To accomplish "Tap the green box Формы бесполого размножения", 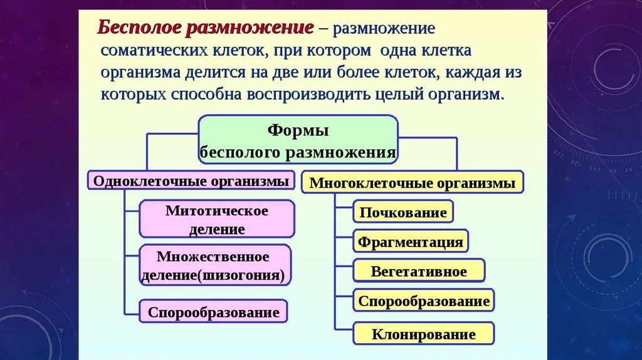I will click(x=298, y=141).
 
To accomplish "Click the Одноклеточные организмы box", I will click(x=191, y=181).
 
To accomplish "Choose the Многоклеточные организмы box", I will click(x=412, y=183).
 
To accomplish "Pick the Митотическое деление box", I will click(x=217, y=219).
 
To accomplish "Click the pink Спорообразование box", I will click(x=213, y=312).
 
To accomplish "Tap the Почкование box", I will click(x=403, y=212).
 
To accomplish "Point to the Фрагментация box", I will click(x=410, y=241).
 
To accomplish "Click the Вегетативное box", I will click(x=418, y=272).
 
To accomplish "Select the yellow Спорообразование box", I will click(x=423, y=301).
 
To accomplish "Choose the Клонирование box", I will click(x=423, y=334).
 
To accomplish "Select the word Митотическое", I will click(x=217, y=210).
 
